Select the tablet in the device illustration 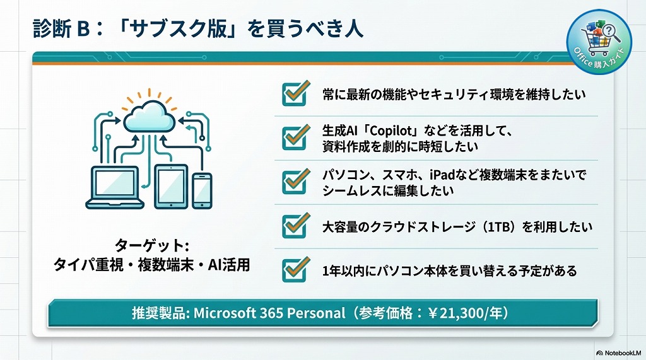(171, 186)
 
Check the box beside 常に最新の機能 (294, 94)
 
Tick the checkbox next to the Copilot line (294, 137)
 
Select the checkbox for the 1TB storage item (294, 225)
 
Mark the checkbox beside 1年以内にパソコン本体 (294, 269)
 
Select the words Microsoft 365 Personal (270, 313)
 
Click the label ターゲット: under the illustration (152, 245)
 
